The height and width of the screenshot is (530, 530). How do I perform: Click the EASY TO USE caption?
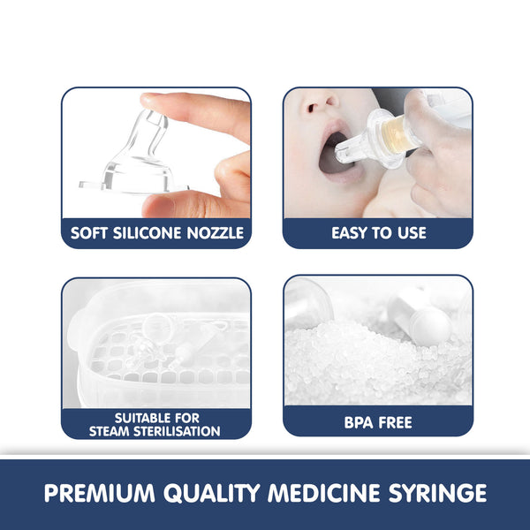tap(378, 234)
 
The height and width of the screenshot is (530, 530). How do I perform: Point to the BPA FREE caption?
tap(378, 422)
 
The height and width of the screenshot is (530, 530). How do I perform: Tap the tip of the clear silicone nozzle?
tap(155, 120)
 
